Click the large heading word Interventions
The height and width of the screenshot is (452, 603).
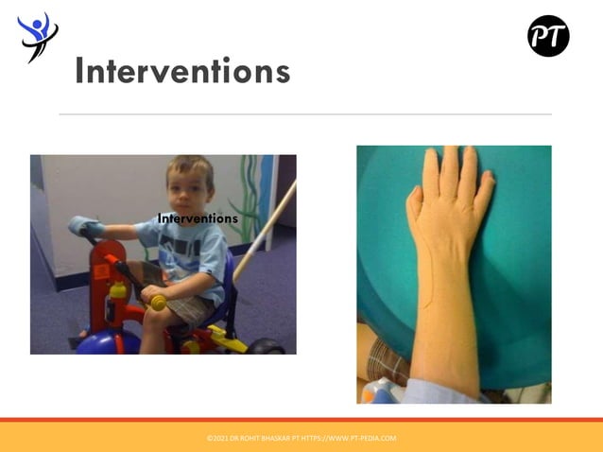(181, 72)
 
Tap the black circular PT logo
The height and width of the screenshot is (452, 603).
(548, 36)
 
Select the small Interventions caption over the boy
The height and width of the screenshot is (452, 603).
(198, 218)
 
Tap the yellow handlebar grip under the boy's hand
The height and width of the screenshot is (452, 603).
(157, 302)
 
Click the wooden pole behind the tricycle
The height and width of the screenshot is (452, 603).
(265, 232)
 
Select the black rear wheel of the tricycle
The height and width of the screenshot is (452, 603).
(267, 346)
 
